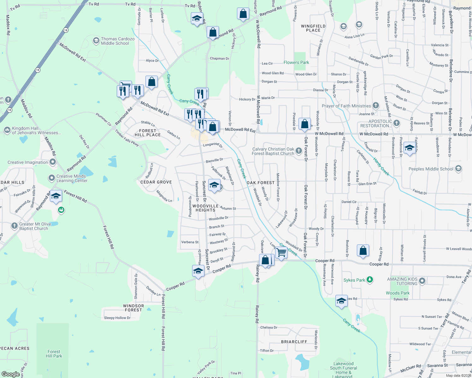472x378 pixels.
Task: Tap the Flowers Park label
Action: pos(296,62)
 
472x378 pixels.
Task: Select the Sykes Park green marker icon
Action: pos(370,279)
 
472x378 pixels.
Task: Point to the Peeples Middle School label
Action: pos(431,169)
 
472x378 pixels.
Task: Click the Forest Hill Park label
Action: pos(54,354)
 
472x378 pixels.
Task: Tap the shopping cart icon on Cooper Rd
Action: pos(281,252)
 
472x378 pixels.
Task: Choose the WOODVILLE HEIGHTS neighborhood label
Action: pos(205,208)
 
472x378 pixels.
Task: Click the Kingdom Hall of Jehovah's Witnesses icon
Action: pos(7,130)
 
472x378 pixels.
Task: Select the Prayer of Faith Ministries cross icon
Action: pos(376,105)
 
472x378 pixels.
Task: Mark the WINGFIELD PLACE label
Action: pos(313,28)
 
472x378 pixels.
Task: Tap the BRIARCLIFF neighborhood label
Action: pos(294,342)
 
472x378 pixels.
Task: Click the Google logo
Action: pos(10,374)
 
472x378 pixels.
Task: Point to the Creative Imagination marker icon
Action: pos(53,162)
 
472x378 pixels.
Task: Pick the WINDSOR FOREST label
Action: pos(133,308)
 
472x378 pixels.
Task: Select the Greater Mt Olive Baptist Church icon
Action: pos(14,226)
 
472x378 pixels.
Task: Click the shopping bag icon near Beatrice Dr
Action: pos(363,250)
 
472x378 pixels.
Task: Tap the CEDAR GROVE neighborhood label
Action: pos(156,182)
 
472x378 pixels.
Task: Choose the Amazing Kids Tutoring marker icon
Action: pos(422,281)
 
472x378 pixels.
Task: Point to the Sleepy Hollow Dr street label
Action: pos(117,318)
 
